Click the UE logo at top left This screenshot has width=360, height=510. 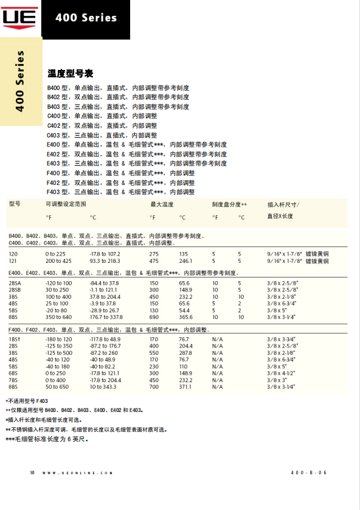pyautogui.click(x=20, y=18)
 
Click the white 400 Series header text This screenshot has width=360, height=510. pyautogui.click(x=86, y=18)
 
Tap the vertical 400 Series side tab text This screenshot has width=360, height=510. pyautogui.click(x=20, y=81)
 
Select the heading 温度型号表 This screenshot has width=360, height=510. pyautogui.click(x=70, y=74)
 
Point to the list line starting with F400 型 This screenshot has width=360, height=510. pyautogui.click(x=120, y=173)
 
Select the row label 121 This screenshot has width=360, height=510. pyautogui.click(x=13, y=260)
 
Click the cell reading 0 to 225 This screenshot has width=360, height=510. pyautogui.click(x=55, y=253)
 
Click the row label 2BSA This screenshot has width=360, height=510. pyautogui.click(x=15, y=283)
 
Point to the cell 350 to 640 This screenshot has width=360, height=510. pyautogui.click(x=58, y=317)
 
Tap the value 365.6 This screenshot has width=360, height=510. pyautogui.click(x=185, y=317)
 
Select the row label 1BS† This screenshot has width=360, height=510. pyautogui.click(x=15, y=339)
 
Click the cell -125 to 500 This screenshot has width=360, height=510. pyautogui.click(x=58, y=353)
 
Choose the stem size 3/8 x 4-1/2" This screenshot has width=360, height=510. pyautogui.click(x=282, y=373)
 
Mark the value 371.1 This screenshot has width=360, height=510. pyautogui.click(x=185, y=386)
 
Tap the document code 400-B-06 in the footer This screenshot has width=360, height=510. pyautogui.click(x=309, y=472)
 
